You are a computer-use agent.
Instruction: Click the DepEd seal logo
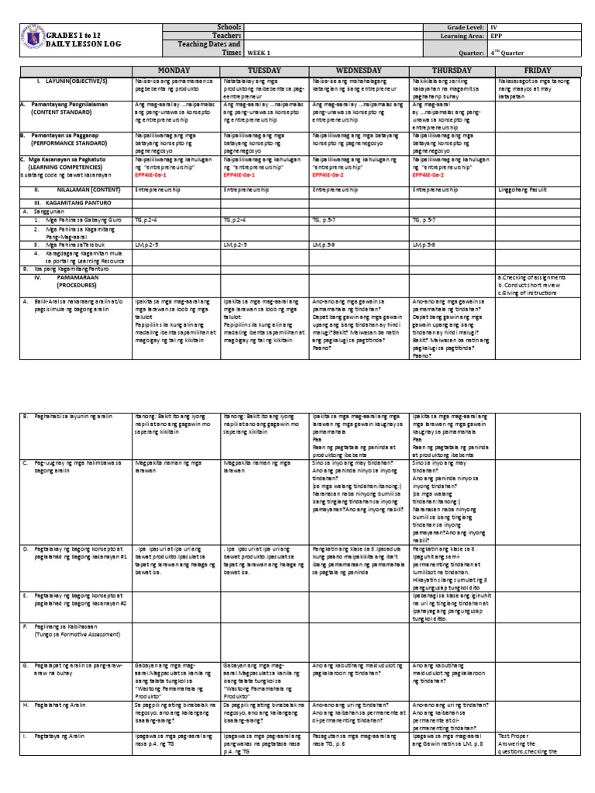29,39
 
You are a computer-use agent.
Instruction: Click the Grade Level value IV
492,27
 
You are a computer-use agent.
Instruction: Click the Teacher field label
228,36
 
